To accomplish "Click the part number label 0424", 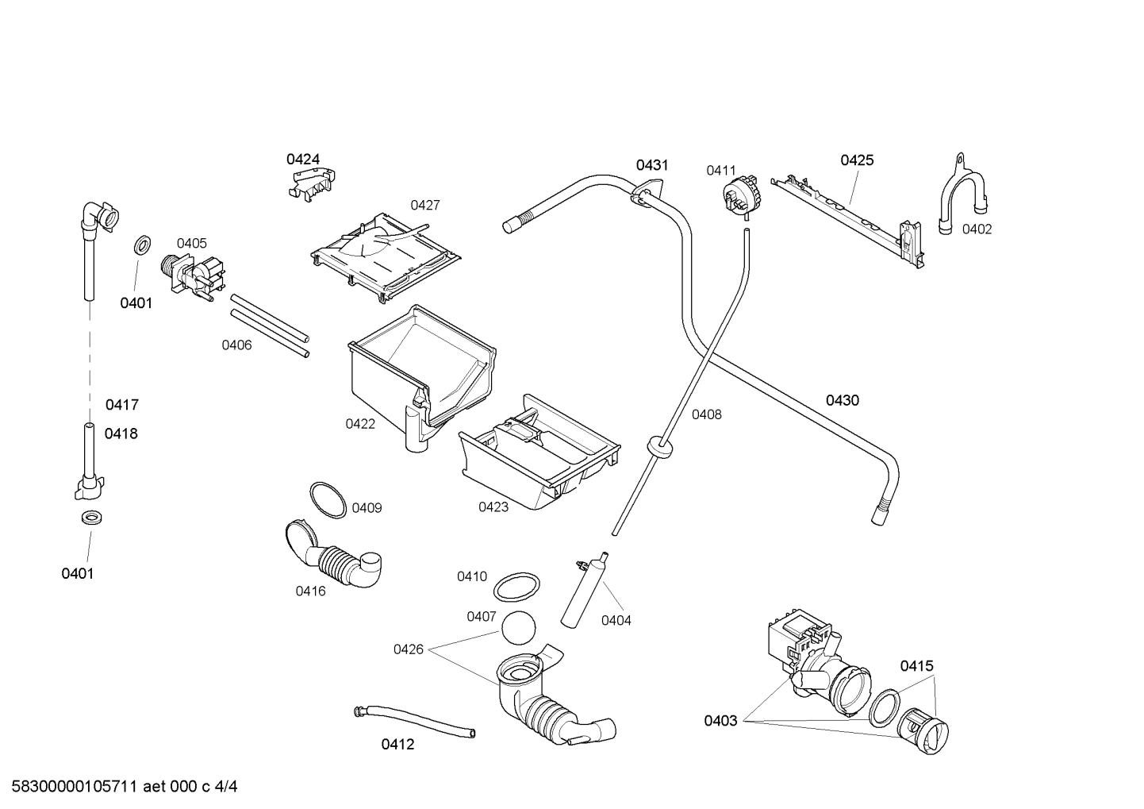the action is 303,160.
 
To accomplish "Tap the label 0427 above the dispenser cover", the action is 425,205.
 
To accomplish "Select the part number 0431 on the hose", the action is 651,165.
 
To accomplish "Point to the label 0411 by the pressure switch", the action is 720,170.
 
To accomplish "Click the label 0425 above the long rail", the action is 857,160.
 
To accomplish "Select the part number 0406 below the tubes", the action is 236,345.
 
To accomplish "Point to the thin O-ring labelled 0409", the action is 328,500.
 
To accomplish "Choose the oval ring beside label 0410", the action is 516,587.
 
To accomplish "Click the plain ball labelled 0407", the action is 519,627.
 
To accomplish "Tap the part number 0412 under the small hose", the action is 397,745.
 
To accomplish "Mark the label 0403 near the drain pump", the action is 720,721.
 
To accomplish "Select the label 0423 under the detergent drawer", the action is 493,507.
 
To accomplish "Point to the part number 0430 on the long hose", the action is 843,400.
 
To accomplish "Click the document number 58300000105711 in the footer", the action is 75,787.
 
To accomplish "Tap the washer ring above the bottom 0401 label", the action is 91,517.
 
